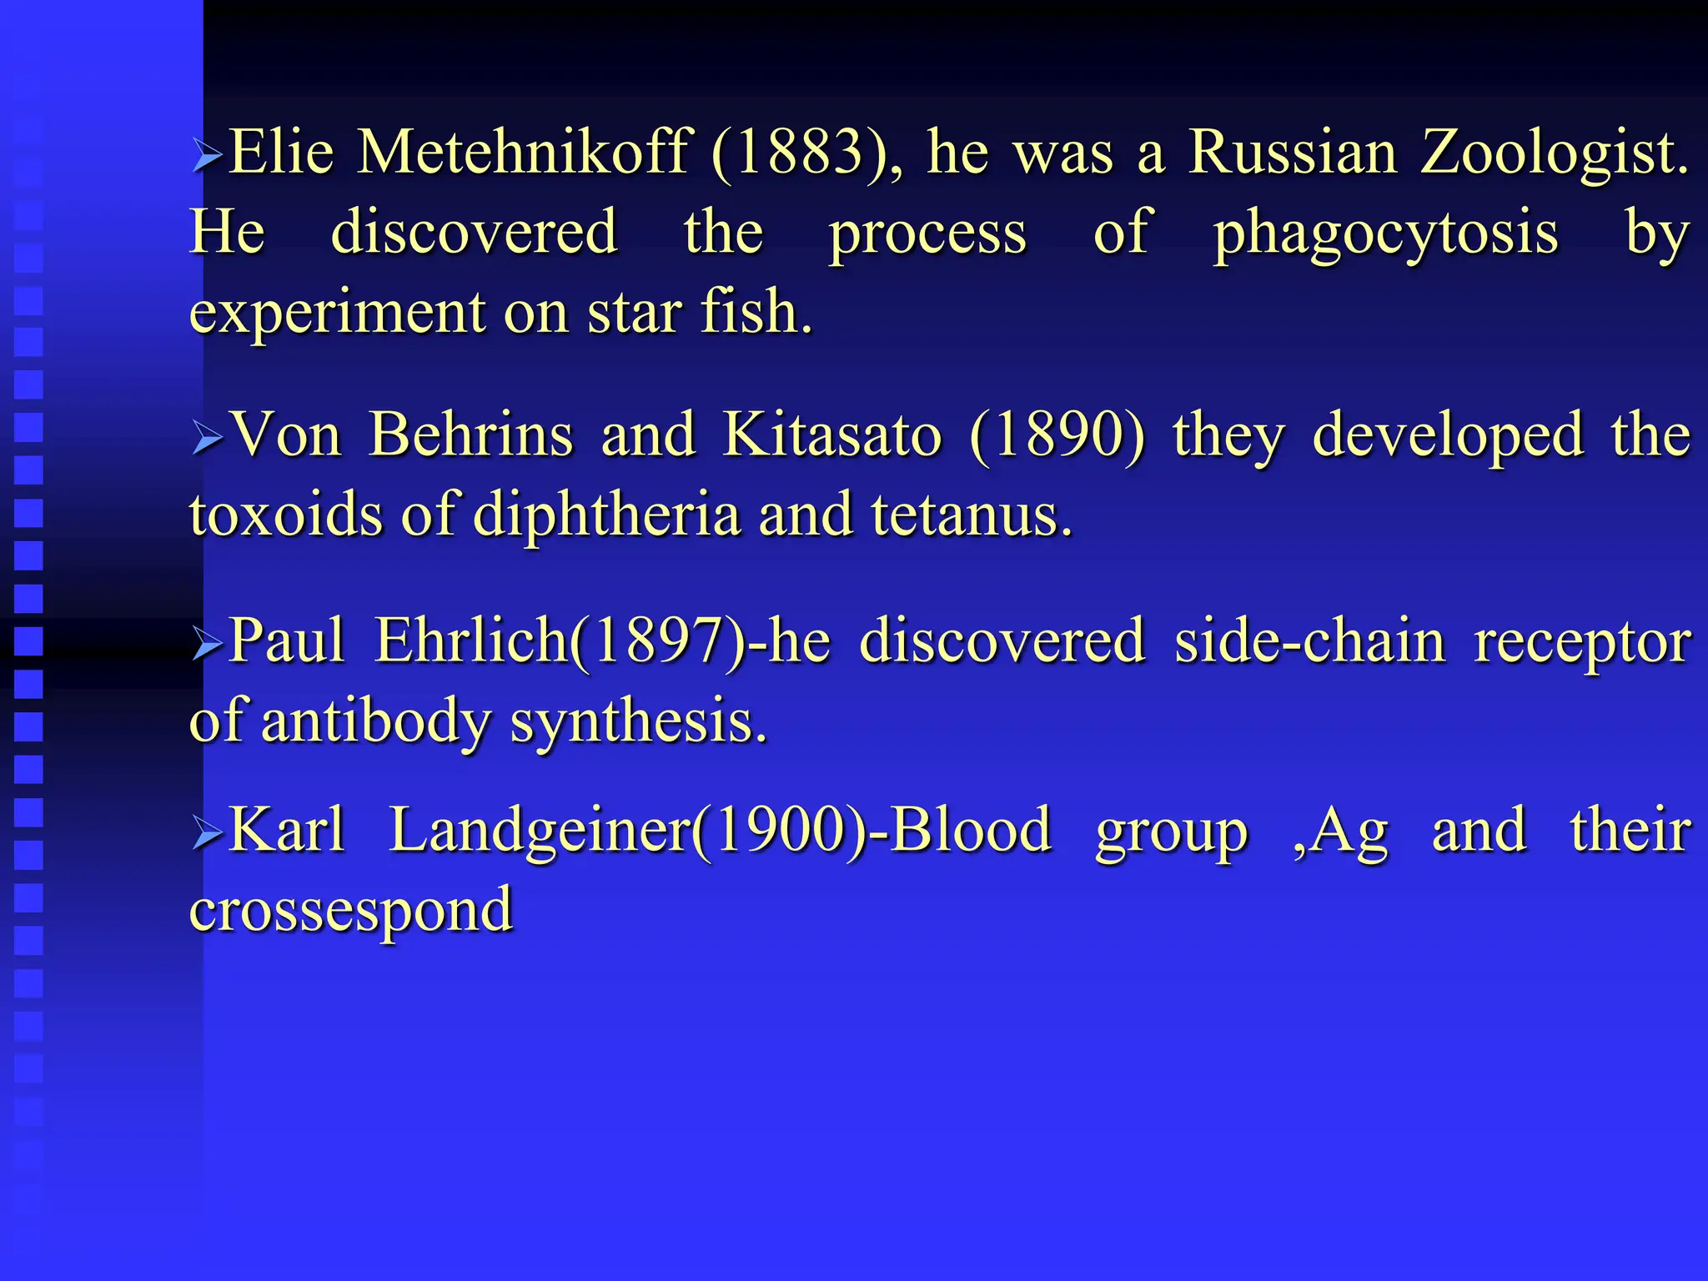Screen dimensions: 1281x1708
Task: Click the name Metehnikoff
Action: coord(524,153)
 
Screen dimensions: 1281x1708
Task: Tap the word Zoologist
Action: coord(1555,153)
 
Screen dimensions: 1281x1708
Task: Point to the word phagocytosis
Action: coord(1385,233)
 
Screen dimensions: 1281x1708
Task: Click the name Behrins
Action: coord(471,435)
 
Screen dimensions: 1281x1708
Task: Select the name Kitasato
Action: coord(831,435)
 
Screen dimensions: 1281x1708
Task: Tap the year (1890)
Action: coord(1058,435)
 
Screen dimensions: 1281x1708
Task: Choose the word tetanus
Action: coord(972,515)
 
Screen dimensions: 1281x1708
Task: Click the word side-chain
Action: coord(1309,640)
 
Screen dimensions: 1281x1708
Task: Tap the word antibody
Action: coord(375,721)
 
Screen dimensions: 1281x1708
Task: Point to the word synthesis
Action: coord(638,721)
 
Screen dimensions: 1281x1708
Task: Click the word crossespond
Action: coord(351,910)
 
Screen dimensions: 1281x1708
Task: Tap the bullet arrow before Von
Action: coord(206,437)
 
